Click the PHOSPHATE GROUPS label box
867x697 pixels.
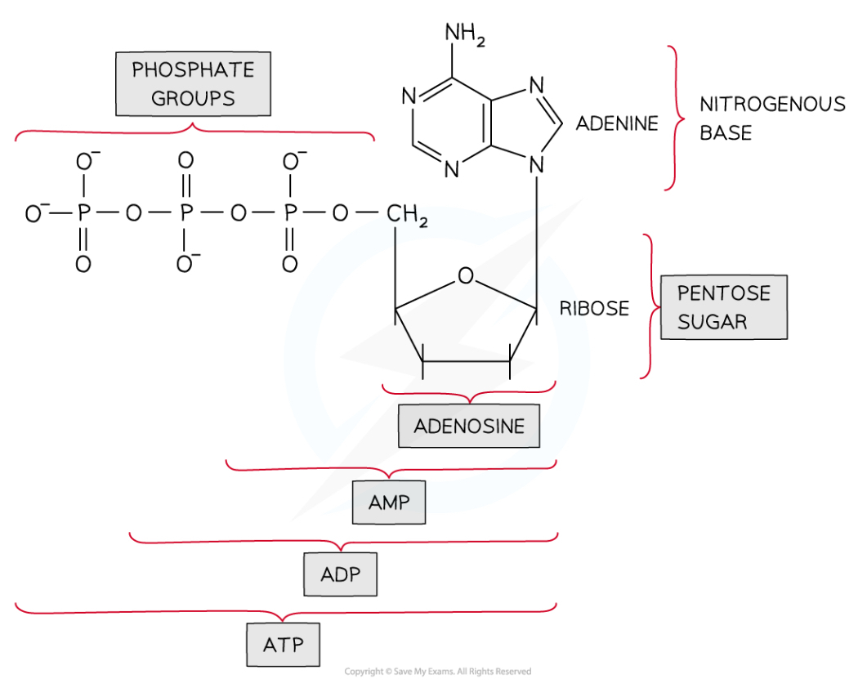click(x=194, y=84)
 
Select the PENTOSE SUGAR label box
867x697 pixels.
click(x=723, y=307)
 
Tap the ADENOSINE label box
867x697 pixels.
click(x=469, y=426)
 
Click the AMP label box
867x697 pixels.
click(x=389, y=503)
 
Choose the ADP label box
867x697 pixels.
click(x=341, y=574)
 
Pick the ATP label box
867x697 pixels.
click(x=283, y=645)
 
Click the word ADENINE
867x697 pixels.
click(x=617, y=123)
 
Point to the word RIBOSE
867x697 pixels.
click(x=594, y=308)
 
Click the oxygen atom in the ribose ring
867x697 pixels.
click(x=466, y=275)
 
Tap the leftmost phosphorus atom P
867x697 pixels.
click(x=83, y=214)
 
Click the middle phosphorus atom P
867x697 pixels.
click(x=186, y=214)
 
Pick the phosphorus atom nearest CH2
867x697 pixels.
click(x=290, y=214)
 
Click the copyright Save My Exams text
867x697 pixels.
click(x=437, y=672)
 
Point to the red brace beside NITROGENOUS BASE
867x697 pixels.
click(x=675, y=118)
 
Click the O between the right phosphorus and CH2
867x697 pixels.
click(x=342, y=214)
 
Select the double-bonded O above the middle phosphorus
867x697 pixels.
click(x=186, y=161)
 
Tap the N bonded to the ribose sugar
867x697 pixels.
click(x=536, y=165)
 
